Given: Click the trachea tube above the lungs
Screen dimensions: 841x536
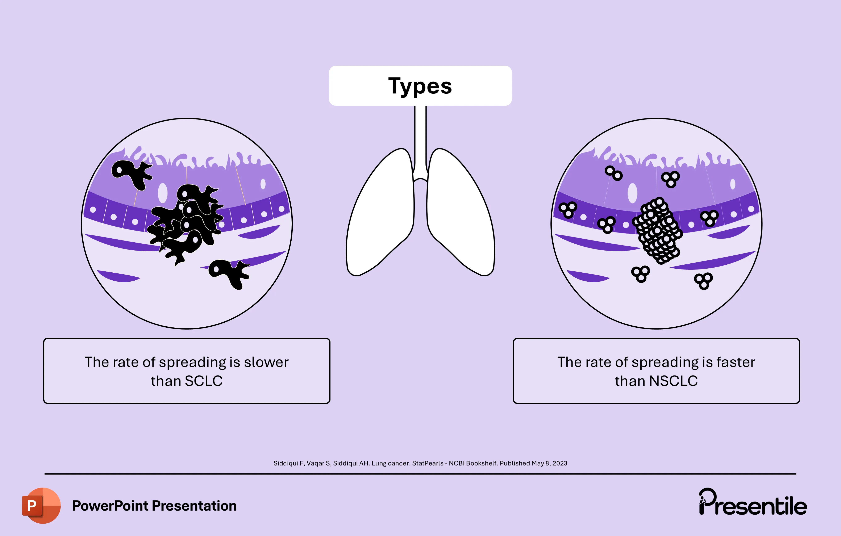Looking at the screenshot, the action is point(420,140).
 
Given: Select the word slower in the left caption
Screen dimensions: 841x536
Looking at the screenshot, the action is point(266,363).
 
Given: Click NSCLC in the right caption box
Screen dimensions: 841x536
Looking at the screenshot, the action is point(673,381).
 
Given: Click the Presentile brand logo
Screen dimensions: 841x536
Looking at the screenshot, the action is point(753,503).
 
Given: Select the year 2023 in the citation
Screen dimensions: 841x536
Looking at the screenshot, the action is point(560,463).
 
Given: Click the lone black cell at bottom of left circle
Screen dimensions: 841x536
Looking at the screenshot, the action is point(229,273).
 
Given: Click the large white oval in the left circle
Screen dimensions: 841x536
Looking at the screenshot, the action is point(163,193).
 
